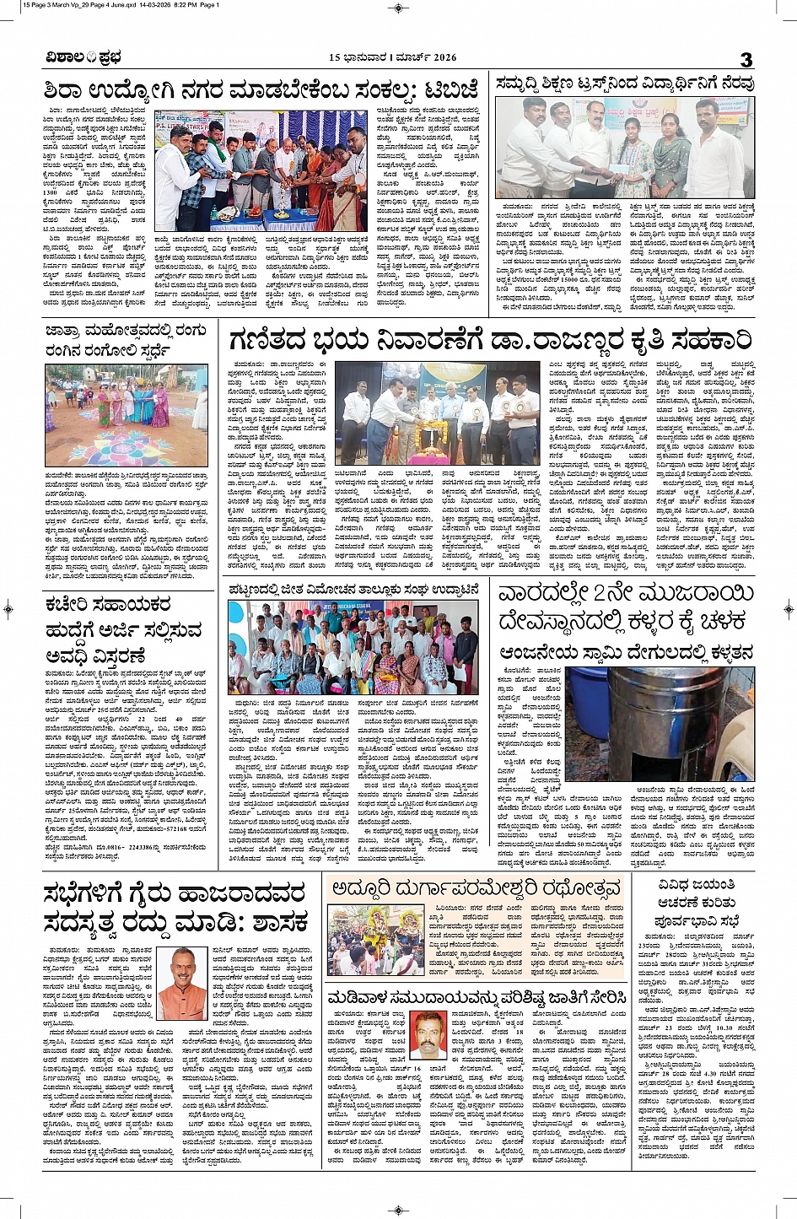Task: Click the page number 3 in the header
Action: click(746, 59)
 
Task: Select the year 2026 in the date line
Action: click(442, 58)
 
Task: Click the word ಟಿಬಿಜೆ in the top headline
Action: click(452, 89)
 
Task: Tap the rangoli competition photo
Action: click(127, 415)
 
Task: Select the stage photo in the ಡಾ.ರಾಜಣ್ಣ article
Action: click(437, 415)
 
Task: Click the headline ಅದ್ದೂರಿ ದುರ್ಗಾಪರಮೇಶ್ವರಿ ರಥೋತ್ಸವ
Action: click(476, 888)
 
